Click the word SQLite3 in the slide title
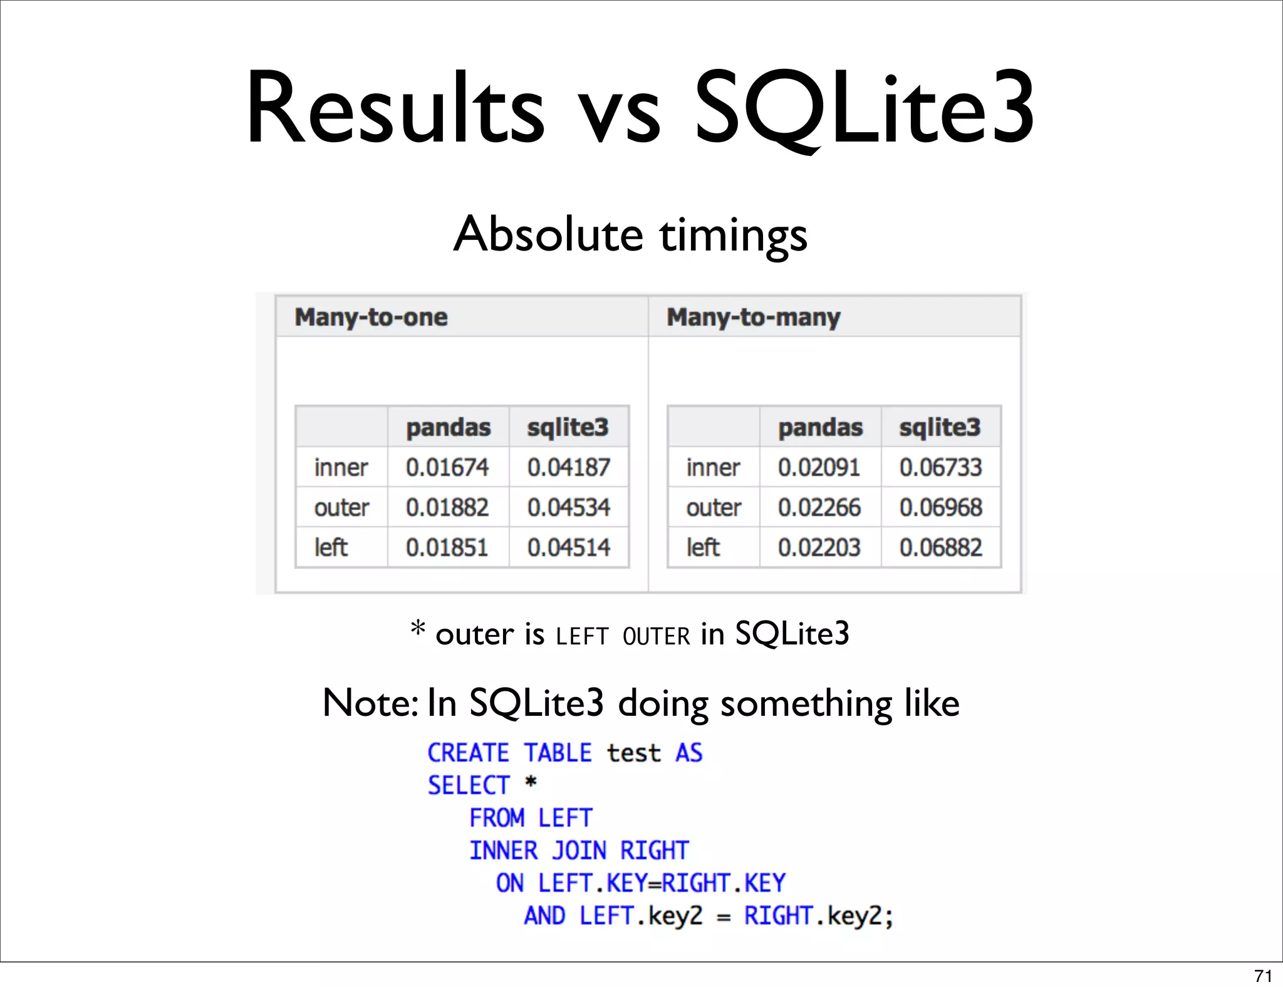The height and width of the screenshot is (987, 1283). click(865, 108)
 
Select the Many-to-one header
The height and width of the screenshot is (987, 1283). click(371, 317)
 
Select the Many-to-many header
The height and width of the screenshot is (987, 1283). click(753, 317)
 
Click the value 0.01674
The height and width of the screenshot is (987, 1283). click(447, 467)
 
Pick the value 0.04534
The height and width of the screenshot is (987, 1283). click(568, 507)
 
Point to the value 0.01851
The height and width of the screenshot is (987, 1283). click(447, 547)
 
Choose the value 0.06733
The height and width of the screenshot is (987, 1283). click(940, 467)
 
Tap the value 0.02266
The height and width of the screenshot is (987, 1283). click(819, 507)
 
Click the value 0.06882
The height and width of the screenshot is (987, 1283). click(940, 547)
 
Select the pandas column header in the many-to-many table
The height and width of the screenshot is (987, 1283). click(820, 427)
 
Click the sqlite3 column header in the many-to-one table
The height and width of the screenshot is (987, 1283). click(568, 427)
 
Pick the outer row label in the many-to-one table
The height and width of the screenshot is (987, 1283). click(341, 507)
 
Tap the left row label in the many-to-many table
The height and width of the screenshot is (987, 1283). click(703, 547)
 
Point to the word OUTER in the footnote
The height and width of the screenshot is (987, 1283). click(656, 636)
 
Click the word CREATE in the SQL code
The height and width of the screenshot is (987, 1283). click(468, 753)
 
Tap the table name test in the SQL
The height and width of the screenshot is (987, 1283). click(633, 753)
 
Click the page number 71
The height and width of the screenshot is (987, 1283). click(1263, 976)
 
